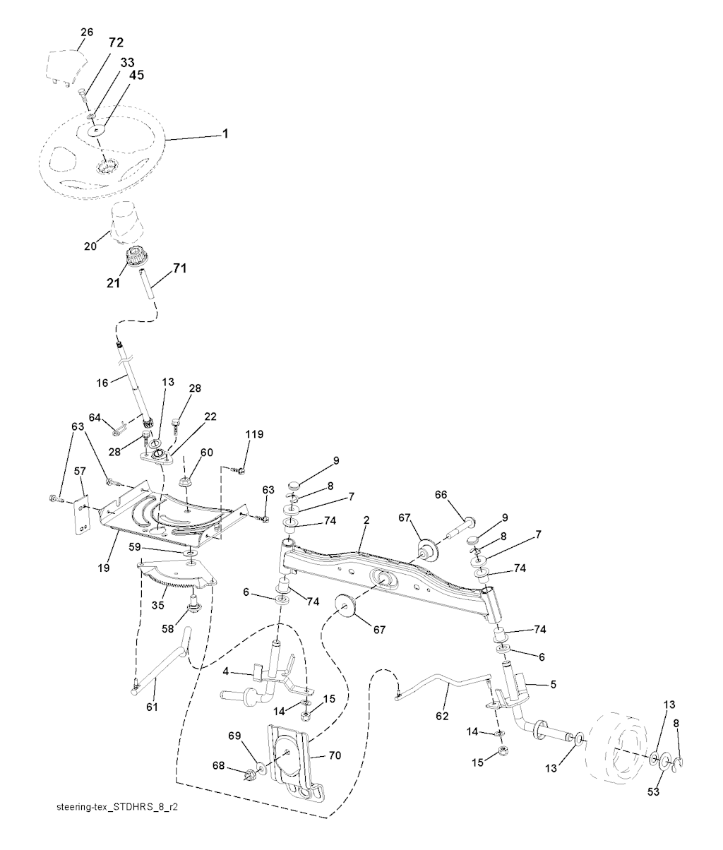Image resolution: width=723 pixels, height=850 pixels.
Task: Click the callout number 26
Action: (87, 32)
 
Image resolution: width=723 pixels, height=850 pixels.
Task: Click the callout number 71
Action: (181, 269)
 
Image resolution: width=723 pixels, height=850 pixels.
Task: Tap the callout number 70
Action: (335, 755)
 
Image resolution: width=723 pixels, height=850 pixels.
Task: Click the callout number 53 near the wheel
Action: (653, 792)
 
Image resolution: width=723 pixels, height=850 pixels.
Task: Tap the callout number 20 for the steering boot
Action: (90, 246)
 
